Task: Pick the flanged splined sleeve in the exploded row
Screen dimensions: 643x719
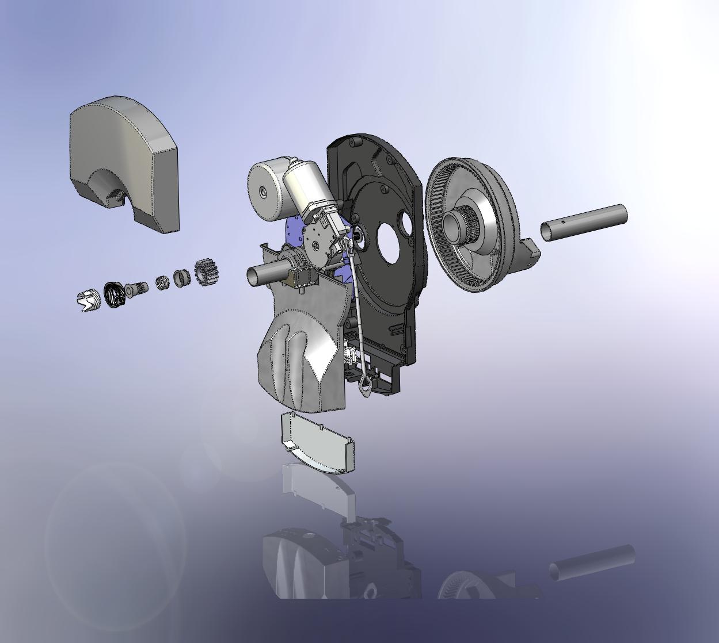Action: (x=137, y=288)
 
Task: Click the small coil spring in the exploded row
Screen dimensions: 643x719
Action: (x=163, y=283)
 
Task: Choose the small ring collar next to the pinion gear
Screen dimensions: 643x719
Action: (x=182, y=278)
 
